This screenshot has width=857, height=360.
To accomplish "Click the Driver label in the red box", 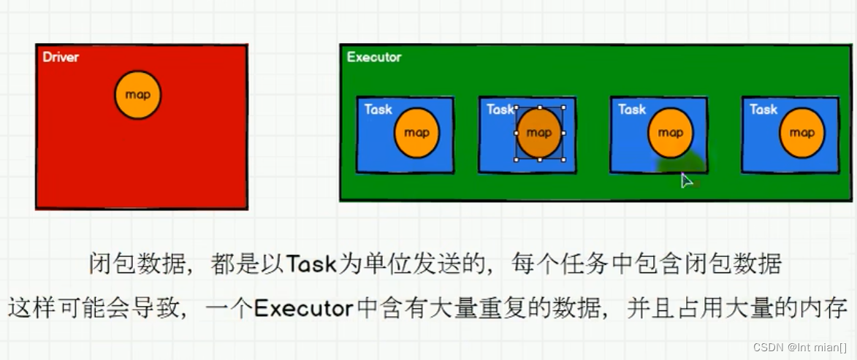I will pyautogui.click(x=60, y=57).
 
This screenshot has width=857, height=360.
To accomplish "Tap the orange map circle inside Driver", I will pyautogui.click(x=138, y=95).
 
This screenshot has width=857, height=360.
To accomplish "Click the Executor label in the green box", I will pyautogui.click(x=373, y=57).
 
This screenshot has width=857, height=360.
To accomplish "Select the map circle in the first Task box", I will pyautogui.click(x=417, y=133).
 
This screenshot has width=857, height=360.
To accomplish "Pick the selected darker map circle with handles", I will pyautogui.click(x=539, y=133).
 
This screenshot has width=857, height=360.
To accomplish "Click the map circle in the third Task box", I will pyautogui.click(x=671, y=133).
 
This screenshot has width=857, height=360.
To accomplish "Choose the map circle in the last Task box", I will pyautogui.click(x=801, y=133).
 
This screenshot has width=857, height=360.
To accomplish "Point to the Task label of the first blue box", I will pyautogui.click(x=378, y=110).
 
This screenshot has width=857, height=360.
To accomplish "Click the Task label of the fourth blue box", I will pyautogui.click(x=763, y=110).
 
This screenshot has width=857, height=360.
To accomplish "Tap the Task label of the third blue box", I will pyautogui.click(x=632, y=110).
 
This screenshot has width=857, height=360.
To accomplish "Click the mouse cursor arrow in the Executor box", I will pyautogui.click(x=685, y=180).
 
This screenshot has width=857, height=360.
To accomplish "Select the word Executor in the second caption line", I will pyautogui.click(x=303, y=309).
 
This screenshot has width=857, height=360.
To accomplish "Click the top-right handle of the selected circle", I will pyautogui.click(x=563, y=108).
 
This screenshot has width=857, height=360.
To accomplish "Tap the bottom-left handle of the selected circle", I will pyautogui.click(x=516, y=158).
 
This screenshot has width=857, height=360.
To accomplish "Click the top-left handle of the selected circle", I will pyautogui.click(x=516, y=108).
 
